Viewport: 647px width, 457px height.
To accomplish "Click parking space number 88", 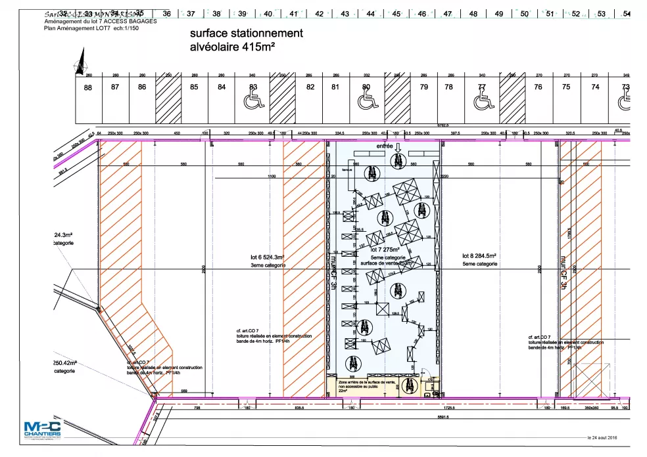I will (88, 87).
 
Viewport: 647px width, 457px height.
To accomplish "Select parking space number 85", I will (194, 87).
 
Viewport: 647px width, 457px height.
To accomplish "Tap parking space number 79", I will (424, 87).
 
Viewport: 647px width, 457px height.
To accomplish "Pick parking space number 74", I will (595, 87).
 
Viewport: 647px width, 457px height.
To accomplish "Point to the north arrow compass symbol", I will (82, 65).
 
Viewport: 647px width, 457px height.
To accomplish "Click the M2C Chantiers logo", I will (42, 430).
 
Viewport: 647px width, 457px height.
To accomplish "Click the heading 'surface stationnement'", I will (246, 33).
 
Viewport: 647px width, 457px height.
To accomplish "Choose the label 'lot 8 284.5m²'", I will (479, 256).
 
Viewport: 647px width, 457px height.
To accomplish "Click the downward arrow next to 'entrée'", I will (398, 147).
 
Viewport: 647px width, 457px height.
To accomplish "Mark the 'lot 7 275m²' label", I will (385, 250).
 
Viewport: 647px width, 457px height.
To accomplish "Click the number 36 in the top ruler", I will (166, 13).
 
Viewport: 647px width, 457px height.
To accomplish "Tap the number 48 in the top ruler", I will (473, 13).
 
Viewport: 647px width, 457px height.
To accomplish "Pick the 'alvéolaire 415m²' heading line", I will (232, 47).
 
